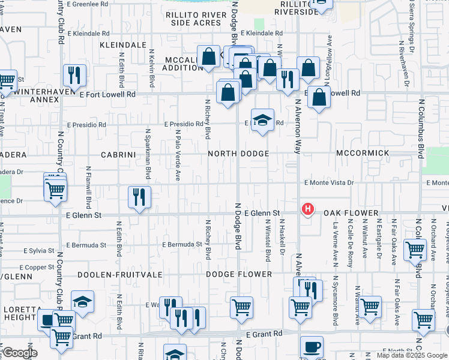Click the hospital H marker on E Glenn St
[x=307, y=209]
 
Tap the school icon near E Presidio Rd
[x=262, y=120]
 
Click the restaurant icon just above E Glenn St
[x=139, y=197]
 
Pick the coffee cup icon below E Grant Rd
[x=312, y=347]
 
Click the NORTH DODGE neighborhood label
[x=238, y=154]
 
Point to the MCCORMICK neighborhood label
[x=363, y=153]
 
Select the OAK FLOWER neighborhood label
[x=351, y=213]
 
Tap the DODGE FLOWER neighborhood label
[x=239, y=274]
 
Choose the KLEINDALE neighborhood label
[x=124, y=45]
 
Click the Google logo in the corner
[x=20, y=353]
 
